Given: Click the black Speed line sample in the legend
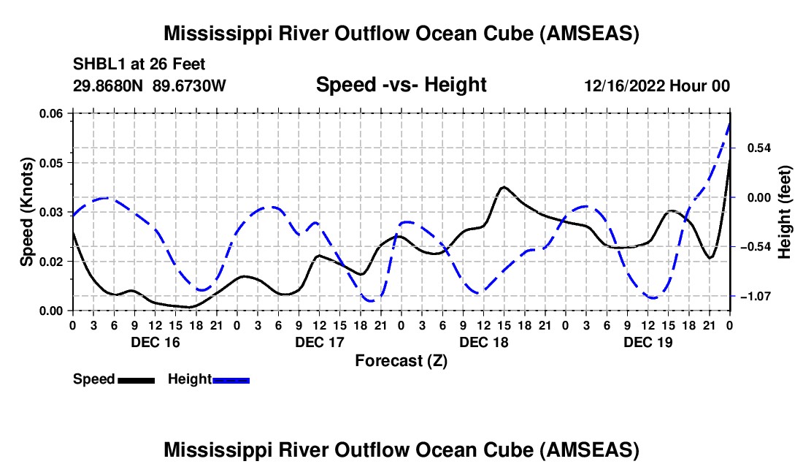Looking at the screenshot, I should pyautogui.click(x=136, y=380).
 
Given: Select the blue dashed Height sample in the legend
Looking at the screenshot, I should pyautogui.click(x=231, y=380).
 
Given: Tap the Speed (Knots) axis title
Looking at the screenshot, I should pyautogui.click(x=27, y=211).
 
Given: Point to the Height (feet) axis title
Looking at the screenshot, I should pyautogui.click(x=785, y=211).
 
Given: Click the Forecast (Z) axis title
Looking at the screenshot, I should pyautogui.click(x=401, y=360).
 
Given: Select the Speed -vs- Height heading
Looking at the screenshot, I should pyautogui.click(x=401, y=85).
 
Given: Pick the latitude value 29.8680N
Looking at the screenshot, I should pyautogui.click(x=109, y=85).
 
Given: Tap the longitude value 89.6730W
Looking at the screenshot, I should pyautogui.click(x=190, y=85).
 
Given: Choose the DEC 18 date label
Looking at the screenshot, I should pyautogui.click(x=483, y=342).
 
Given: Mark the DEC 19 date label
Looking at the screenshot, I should pyautogui.click(x=647, y=342).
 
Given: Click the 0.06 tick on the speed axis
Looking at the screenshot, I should pyautogui.click(x=51, y=113).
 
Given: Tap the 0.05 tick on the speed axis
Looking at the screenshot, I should pyautogui.click(x=51, y=162).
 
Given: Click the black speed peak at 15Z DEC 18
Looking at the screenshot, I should pyautogui.click(x=503, y=187).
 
